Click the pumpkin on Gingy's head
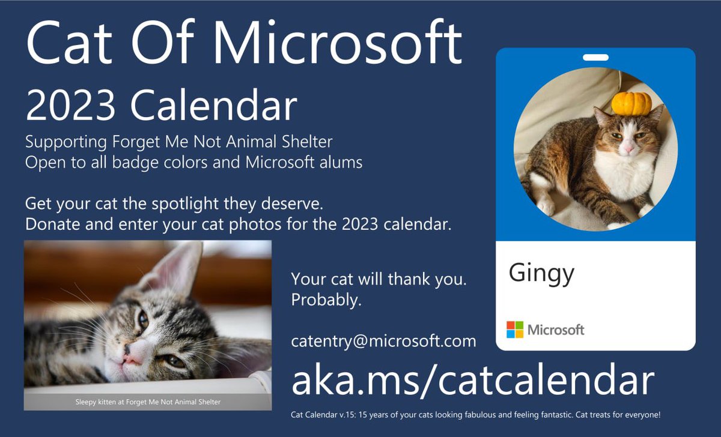click(631, 103)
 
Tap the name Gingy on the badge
click(541, 273)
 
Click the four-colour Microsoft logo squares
click(515, 330)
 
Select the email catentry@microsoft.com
click(383, 341)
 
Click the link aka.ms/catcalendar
click(472, 380)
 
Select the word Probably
click(326, 300)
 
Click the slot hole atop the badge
click(595, 58)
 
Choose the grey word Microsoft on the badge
click(556, 330)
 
